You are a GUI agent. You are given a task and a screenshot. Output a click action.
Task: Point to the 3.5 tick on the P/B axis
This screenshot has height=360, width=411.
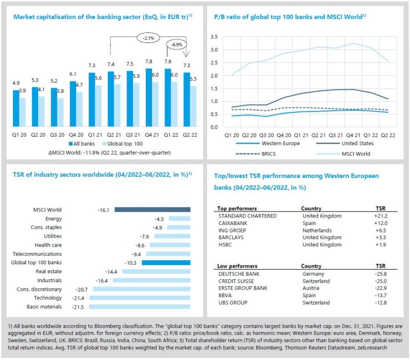(x=213, y=37)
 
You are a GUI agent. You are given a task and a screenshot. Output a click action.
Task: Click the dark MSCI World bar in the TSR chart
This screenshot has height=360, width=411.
(x=152, y=209)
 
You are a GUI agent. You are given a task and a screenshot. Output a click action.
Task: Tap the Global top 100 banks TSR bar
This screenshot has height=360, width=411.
(x=166, y=262)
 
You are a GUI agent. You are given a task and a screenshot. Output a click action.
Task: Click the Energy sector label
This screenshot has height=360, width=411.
(x=53, y=218)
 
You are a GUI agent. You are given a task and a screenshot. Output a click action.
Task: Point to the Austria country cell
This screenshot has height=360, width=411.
(x=311, y=288)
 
